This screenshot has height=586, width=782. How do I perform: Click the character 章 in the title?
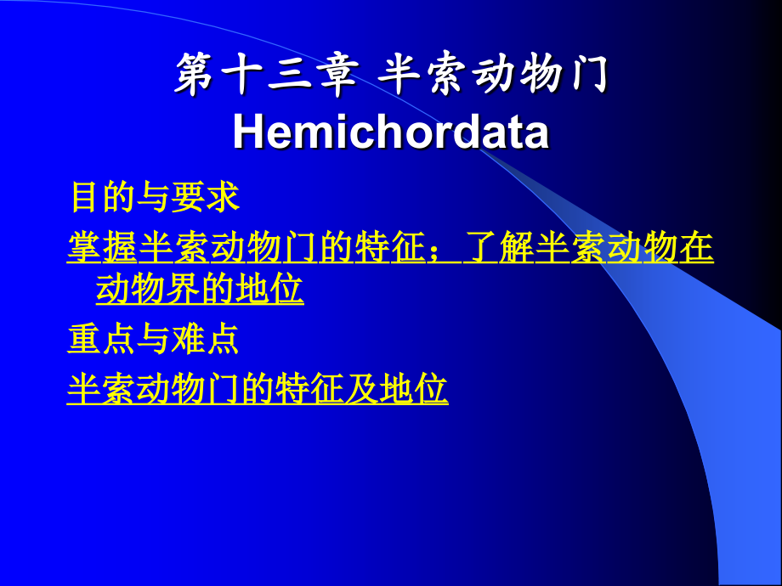[x=340, y=75]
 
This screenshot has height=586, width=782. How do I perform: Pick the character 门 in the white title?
[x=588, y=75]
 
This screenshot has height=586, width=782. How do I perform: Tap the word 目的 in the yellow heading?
[x=103, y=197]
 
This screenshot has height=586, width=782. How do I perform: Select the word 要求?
[x=205, y=197]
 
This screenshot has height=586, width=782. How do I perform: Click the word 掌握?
[x=102, y=247]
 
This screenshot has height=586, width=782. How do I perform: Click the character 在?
[x=696, y=247]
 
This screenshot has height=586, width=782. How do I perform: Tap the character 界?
[x=183, y=289]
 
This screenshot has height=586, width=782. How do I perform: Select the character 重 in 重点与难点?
[x=84, y=340]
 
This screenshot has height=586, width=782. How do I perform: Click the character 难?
[x=188, y=340]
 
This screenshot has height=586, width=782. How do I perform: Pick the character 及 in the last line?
[x=361, y=389]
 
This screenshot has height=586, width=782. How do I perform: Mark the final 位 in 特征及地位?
[x=431, y=389]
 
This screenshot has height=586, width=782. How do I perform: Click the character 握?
[x=120, y=247]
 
